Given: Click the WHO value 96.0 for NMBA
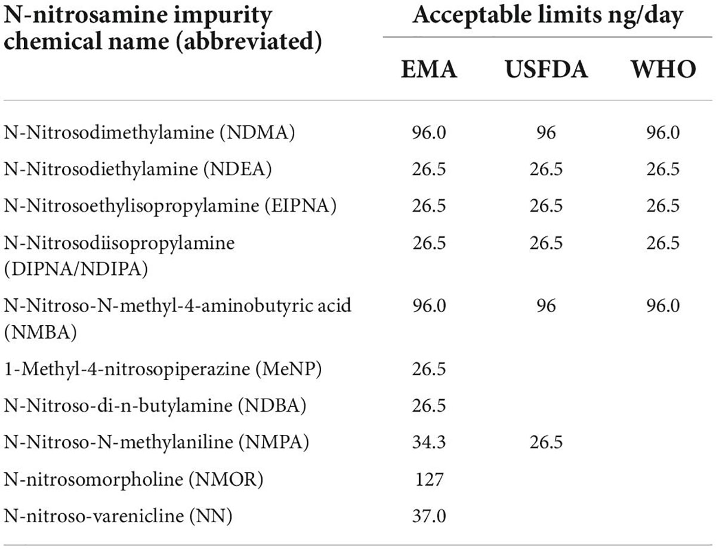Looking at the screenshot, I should click(663, 306).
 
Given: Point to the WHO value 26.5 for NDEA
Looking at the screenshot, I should click(663, 169).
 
